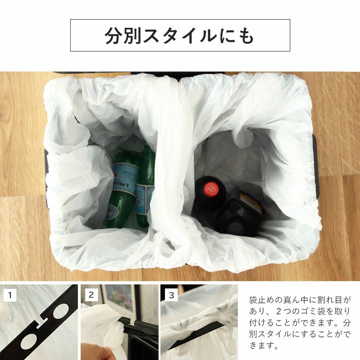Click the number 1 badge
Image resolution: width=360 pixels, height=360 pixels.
click(x=10, y=295)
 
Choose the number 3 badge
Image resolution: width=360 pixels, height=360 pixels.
click(x=171, y=295)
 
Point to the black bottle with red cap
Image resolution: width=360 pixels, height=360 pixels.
click(x=209, y=201)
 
